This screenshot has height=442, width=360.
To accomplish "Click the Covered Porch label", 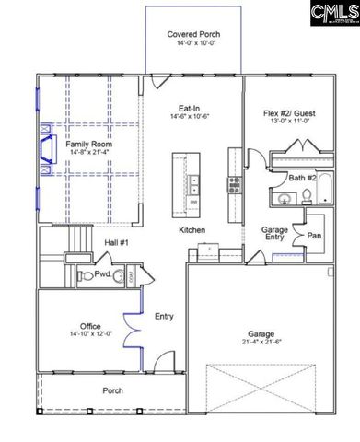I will tap(193, 35).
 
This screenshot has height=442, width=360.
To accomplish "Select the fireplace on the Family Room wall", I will tap(44, 149).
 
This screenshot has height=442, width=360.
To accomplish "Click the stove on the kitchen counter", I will tap(235, 186).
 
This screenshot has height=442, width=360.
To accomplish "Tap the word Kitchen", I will tap(192, 229).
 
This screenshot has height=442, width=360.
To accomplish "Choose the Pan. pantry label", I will tap(315, 235).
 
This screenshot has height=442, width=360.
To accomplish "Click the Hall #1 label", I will tap(115, 241).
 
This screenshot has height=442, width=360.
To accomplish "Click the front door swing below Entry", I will tap(164, 361).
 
